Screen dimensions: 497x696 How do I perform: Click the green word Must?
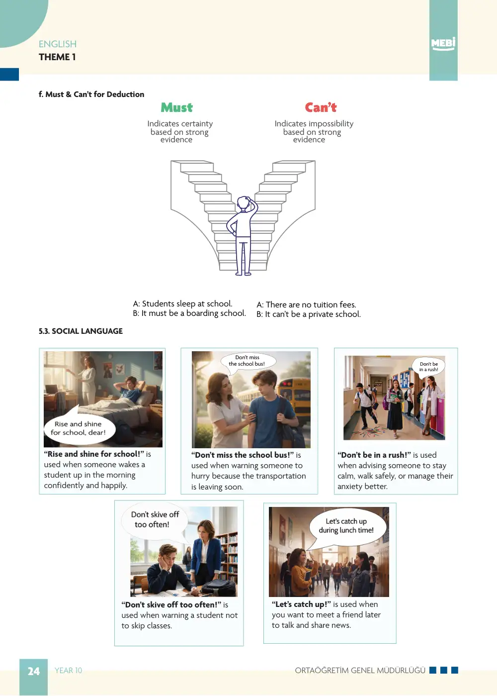176,107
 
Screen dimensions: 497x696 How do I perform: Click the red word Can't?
321,107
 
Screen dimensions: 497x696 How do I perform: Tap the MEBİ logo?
443,44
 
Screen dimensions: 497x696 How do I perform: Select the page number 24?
33,671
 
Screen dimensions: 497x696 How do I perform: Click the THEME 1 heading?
57,57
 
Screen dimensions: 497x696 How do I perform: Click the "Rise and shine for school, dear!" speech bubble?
80,426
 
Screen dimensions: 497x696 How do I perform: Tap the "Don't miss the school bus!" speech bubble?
248,361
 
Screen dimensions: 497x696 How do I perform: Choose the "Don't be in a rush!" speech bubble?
428,367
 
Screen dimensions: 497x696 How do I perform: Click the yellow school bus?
294,401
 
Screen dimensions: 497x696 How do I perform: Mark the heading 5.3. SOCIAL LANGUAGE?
81,331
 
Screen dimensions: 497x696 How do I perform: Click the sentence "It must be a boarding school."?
194,313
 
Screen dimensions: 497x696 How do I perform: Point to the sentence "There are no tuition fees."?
311,304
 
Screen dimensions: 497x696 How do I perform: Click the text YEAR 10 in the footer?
68,671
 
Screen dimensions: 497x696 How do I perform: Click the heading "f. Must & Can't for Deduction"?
91,94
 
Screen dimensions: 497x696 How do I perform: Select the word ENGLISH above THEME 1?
58,44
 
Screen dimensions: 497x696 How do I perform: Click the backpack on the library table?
218,588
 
